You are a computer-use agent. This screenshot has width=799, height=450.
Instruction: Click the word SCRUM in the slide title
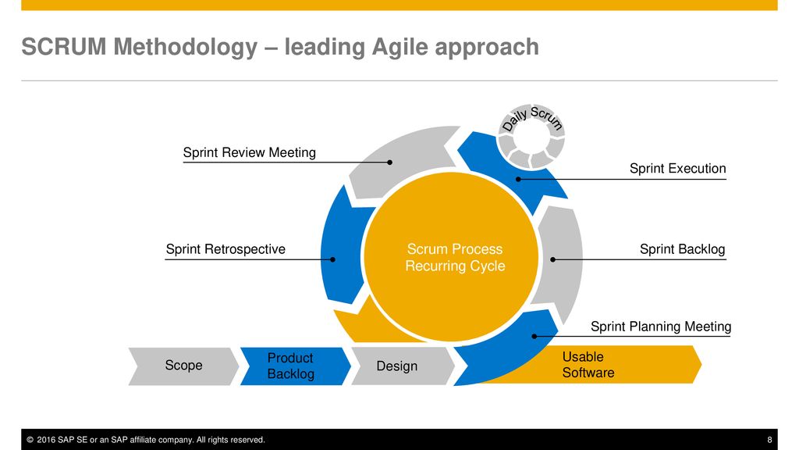coord(64,47)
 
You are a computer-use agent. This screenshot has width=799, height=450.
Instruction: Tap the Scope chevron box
coord(183,366)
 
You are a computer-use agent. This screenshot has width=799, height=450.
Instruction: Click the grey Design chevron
coord(403,366)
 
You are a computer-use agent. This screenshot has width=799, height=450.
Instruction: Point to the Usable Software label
coord(588,365)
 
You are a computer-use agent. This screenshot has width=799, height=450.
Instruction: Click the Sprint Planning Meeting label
coord(661,327)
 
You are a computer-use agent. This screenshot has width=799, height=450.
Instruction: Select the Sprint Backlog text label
coord(682,249)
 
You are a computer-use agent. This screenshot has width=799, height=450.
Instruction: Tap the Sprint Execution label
coord(678,169)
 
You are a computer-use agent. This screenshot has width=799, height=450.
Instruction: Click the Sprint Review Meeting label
coord(249,152)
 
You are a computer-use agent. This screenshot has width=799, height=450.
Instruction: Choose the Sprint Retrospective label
coord(225,249)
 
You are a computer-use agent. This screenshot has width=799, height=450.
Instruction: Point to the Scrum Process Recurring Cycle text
coord(455,257)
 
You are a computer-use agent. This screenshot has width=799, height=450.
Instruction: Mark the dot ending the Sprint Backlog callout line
coord(553,259)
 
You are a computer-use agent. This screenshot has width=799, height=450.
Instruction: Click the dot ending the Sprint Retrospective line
coord(332,259)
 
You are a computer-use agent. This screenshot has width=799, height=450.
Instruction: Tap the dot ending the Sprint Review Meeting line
coord(390,162)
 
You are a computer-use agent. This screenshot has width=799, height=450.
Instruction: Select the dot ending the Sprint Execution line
coord(518,179)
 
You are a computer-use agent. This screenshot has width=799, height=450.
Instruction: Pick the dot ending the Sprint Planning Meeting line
coord(534,336)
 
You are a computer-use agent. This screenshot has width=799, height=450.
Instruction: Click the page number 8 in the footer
coord(769,440)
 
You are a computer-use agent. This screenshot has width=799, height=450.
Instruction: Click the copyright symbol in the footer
coord(30,440)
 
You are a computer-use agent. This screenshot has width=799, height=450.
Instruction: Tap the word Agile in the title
coord(399,47)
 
